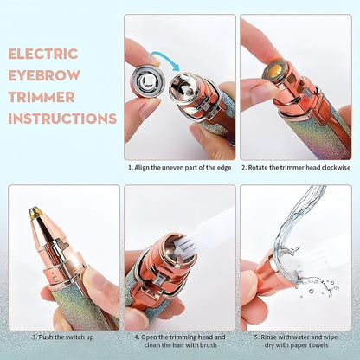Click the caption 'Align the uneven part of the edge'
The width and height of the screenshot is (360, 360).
pos(182,168)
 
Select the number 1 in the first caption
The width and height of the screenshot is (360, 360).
pos(131,168)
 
